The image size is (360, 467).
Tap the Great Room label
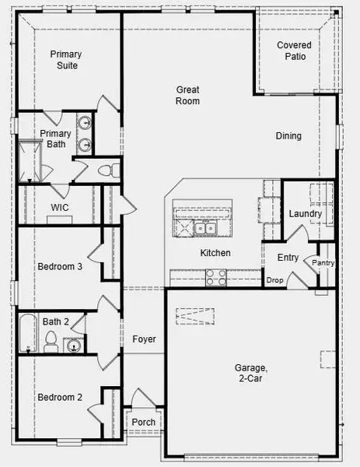[187, 96]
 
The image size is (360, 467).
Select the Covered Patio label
[295, 51]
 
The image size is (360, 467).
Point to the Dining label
[288, 136]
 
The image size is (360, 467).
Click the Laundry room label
[305, 214]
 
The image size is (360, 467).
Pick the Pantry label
[323, 263]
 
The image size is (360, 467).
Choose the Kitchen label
[215, 253]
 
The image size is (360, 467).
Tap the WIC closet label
[61, 208]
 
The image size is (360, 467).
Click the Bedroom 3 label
[60, 267]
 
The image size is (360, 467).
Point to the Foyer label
[144, 339]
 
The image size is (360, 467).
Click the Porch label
[144, 423]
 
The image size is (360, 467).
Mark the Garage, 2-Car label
[251, 373]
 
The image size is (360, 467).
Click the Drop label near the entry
[274, 280]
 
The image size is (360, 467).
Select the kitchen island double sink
[205, 228]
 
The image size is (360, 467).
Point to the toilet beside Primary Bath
[109, 170]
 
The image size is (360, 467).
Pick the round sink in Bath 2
[74, 346]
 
